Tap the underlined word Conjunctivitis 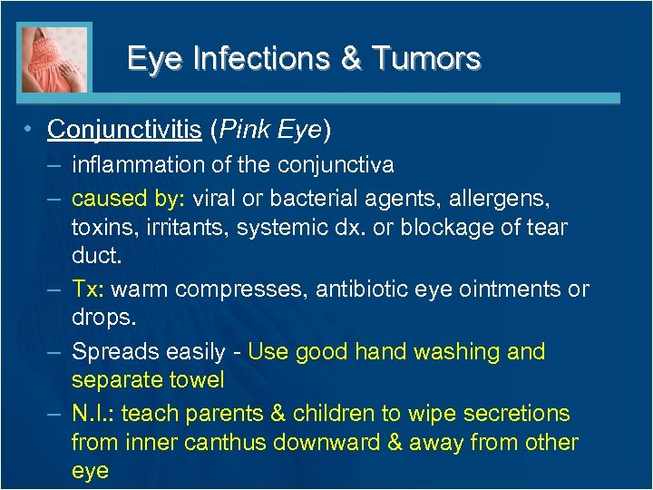[x=124, y=130]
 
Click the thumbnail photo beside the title [x=54, y=58]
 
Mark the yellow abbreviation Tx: [x=90, y=289]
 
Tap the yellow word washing [x=452, y=351]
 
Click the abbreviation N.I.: [x=93, y=414]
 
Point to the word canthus [x=222, y=443]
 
